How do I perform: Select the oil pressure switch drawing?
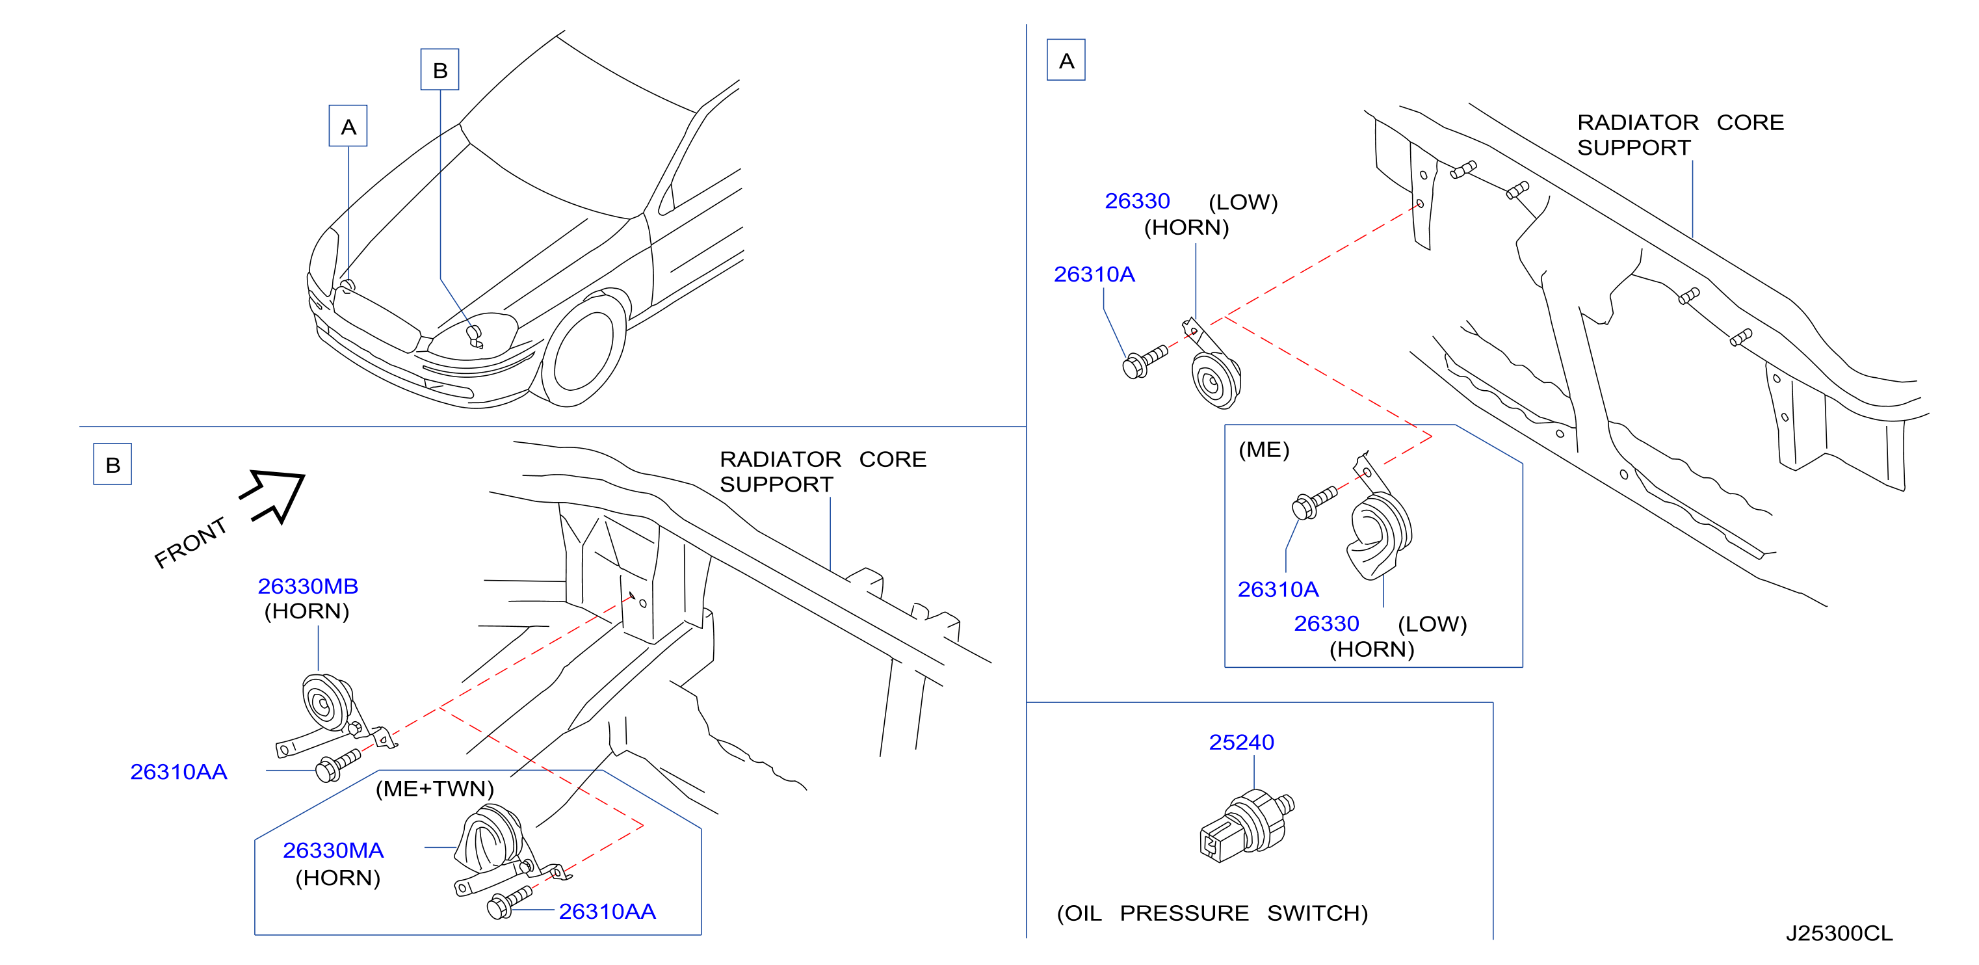coord(1246,826)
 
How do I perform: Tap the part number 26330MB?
coord(308,587)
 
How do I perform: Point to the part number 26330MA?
coord(333,851)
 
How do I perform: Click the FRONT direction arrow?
coord(272,495)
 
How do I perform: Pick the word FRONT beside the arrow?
coord(190,542)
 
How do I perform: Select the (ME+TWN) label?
coord(435,788)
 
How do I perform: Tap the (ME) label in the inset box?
coord(1264,449)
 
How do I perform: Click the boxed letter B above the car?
coord(440,70)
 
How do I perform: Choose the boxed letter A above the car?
coord(348,126)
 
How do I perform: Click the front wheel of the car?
coord(583,350)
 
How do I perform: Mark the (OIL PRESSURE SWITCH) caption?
coord(1212,913)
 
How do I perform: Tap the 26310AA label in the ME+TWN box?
coord(607,911)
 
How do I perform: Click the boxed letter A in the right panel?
coord(1066,60)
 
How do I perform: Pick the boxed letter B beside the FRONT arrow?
coord(113,464)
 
